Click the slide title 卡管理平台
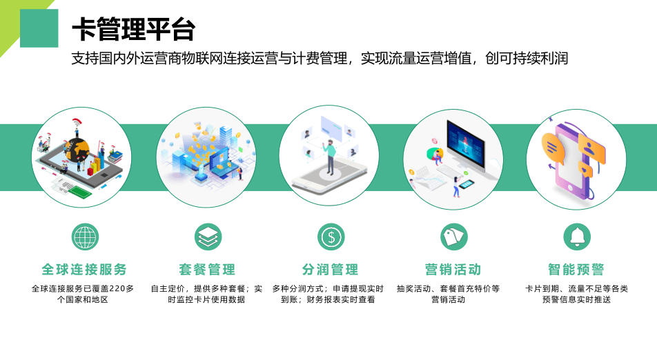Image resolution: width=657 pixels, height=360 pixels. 133,29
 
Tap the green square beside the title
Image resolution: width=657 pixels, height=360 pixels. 39,28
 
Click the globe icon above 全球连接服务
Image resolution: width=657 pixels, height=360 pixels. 85,237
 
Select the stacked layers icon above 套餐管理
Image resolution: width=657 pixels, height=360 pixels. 208,237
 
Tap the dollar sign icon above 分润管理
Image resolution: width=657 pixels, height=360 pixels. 331,237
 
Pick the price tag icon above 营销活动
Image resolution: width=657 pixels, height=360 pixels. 454,237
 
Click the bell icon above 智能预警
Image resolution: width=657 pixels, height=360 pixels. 577,237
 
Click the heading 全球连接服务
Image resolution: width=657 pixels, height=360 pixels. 84,269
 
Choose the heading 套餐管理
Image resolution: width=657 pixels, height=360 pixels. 207,269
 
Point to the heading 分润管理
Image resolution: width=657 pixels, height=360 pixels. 330,269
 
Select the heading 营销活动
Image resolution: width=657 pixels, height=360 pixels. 453,269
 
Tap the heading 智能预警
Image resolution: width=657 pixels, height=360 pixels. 576,269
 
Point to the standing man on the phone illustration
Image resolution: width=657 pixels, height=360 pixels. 330,157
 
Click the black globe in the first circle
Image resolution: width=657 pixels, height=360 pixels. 79,150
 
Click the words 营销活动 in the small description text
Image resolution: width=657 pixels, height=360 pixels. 449,300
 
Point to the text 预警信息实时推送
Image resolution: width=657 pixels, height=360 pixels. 576,300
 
